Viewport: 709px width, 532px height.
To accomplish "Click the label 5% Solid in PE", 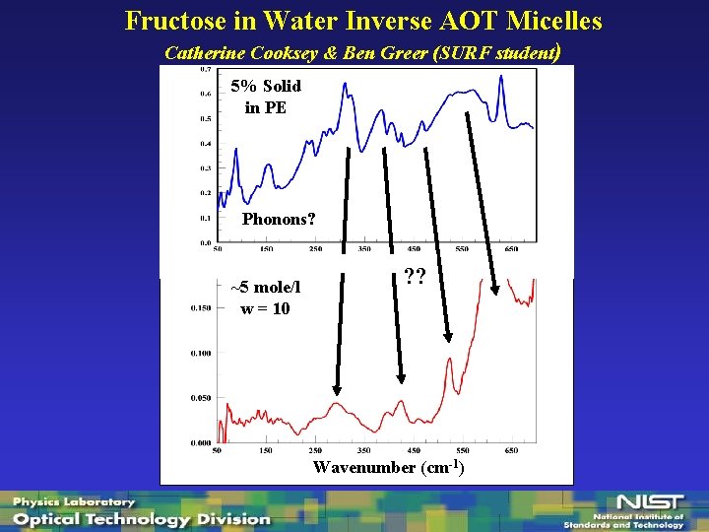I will coord(266,97).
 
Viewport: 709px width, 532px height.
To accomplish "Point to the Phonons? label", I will coord(279,219).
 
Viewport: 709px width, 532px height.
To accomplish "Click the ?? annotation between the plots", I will coord(415,279).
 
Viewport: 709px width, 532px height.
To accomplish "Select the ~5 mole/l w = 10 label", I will coord(266,298).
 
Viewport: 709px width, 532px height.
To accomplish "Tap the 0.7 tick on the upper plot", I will coord(204,70).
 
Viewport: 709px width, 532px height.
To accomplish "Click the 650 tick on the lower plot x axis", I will coord(511,450).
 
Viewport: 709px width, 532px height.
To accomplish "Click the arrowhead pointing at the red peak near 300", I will coord(336,389).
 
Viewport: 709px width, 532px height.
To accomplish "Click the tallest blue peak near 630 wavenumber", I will coord(501,79).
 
